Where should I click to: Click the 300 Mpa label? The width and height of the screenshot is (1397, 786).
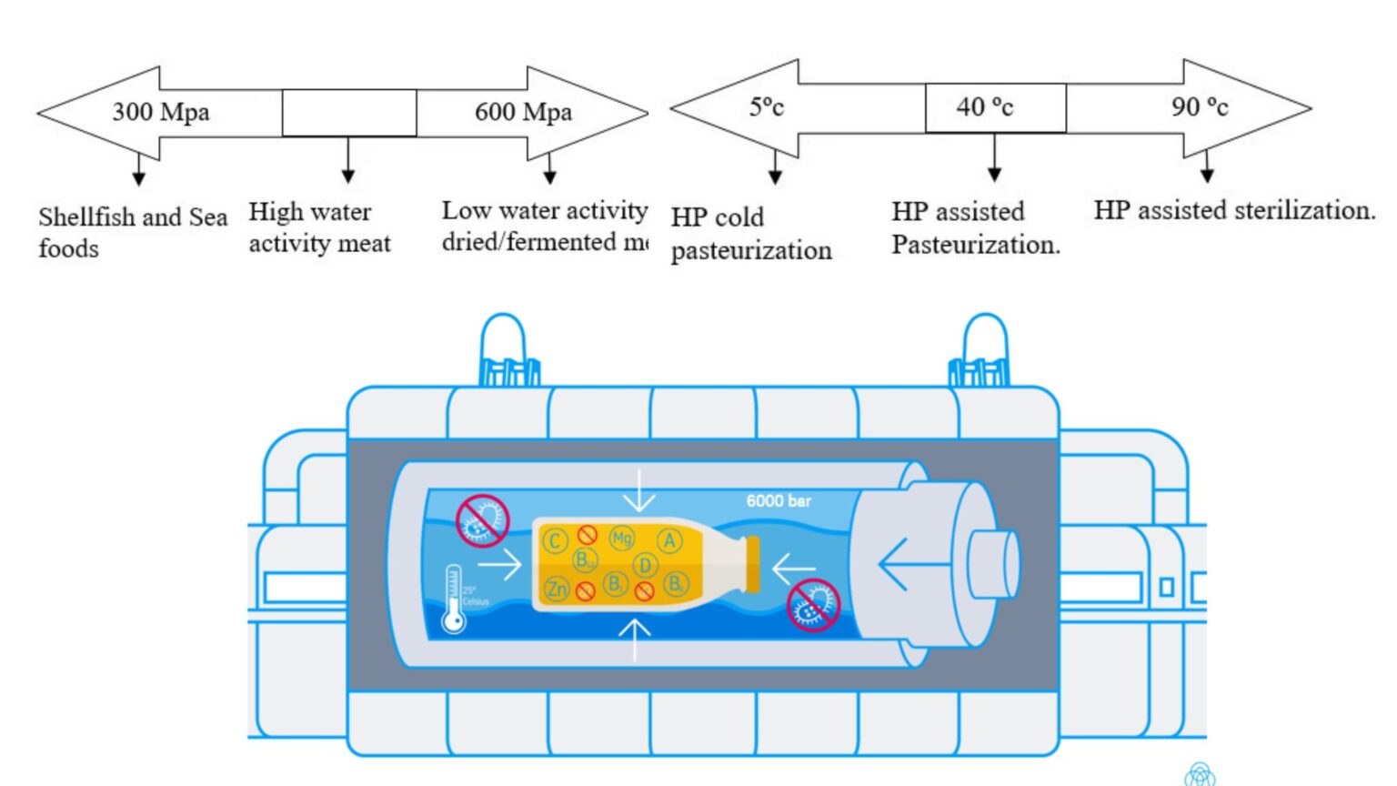(x=161, y=112)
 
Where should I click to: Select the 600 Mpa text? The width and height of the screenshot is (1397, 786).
(x=523, y=112)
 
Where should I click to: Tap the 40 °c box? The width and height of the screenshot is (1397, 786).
(x=995, y=107)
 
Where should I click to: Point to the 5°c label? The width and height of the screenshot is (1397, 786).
(x=766, y=106)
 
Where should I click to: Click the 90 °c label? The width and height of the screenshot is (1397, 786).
(x=1200, y=107)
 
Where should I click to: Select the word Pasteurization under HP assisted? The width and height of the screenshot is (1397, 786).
(x=975, y=245)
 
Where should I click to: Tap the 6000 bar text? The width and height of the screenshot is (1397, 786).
(x=779, y=500)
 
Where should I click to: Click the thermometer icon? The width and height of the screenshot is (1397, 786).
(x=453, y=600)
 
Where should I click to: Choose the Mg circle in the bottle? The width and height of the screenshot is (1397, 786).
(x=622, y=538)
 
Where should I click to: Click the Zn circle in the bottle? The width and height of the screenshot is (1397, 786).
(x=556, y=589)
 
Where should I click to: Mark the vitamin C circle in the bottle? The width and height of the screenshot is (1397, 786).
(x=555, y=541)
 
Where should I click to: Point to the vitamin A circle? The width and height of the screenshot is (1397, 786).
(x=669, y=541)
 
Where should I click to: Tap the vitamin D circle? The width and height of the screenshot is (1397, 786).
(x=645, y=565)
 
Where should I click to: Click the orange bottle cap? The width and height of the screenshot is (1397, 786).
(x=752, y=564)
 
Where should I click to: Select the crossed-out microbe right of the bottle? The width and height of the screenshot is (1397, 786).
(x=812, y=605)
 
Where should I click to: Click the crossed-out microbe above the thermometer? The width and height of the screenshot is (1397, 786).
(x=481, y=520)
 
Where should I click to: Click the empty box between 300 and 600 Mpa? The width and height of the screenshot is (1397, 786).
(x=349, y=113)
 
